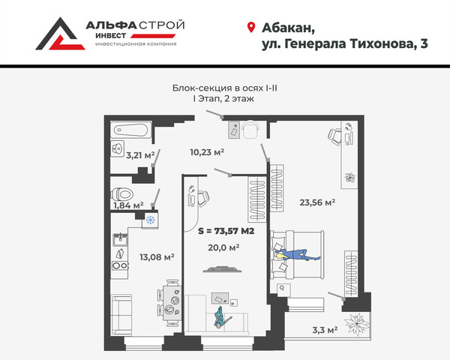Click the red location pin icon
pyautogui.click(x=251, y=27)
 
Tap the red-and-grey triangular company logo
pyautogui.click(x=60, y=34)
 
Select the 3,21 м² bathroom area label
pyautogui.click(x=140, y=155)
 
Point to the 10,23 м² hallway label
pyautogui.click(x=207, y=151)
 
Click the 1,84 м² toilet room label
pyautogui.click(x=128, y=205)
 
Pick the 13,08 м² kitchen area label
pyautogui.click(x=157, y=257)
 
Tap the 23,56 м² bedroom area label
pyautogui.click(x=317, y=202)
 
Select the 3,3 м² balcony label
pyautogui.click(x=325, y=330)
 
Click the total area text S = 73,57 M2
pyautogui.click(x=226, y=231)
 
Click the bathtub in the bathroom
pyautogui.click(x=131, y=130)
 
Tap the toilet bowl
pyautogui.click(x=122, y=194)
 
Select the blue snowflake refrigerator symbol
pyautogui.click(x=150, y=220)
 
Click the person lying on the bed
pyautogui.click(x=297, y=255)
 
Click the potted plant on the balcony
pyautogui.click(x=357, y=323)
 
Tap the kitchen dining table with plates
pyautogui.click(x=172, y=303)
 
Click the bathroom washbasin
pyautogui.click(x=118, y=148)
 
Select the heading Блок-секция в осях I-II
pyautogui.click(x=225, y=88)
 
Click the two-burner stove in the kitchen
pyautogui.click(x=119, y=265)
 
